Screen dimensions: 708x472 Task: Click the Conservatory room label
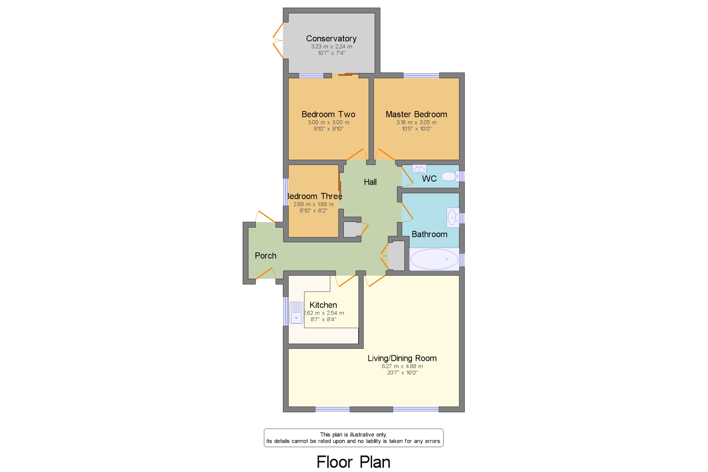pos(331,39)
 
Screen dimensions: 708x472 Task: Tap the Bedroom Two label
pos(328,114)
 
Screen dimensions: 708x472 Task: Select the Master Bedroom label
pos(416,114)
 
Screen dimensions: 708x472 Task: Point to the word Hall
pos(370,182)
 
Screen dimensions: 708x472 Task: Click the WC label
pos(429,178)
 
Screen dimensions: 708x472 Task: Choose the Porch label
pos(265,256)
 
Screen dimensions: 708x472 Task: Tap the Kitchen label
pos(323,305)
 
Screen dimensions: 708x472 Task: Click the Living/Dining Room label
pos(402,358)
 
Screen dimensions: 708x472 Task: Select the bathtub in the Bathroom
pos(434,259)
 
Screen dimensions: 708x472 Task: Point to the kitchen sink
pos(296,312)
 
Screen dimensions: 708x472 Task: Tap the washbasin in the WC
pos(419,169)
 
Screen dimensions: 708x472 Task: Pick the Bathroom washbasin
pos(453,217)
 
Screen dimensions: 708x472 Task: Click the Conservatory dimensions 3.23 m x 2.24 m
pos(331,47)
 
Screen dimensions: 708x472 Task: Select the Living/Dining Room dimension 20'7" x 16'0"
pos(402,373)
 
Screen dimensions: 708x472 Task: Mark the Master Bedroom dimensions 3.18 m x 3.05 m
pos(416,122)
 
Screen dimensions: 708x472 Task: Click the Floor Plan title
pos(353,462)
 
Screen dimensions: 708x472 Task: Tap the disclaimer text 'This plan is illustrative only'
pos(353,434)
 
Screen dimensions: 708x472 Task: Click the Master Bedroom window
pos(421,76)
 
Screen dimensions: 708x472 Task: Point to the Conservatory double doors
pos(278,40)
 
